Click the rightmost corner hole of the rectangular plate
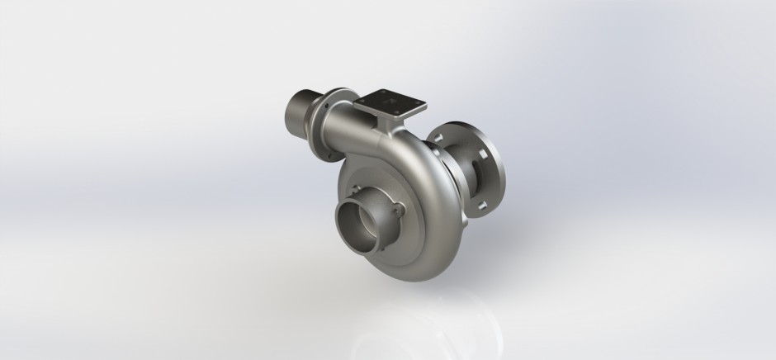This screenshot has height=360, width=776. pyautogui.click(x=422, y=104)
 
